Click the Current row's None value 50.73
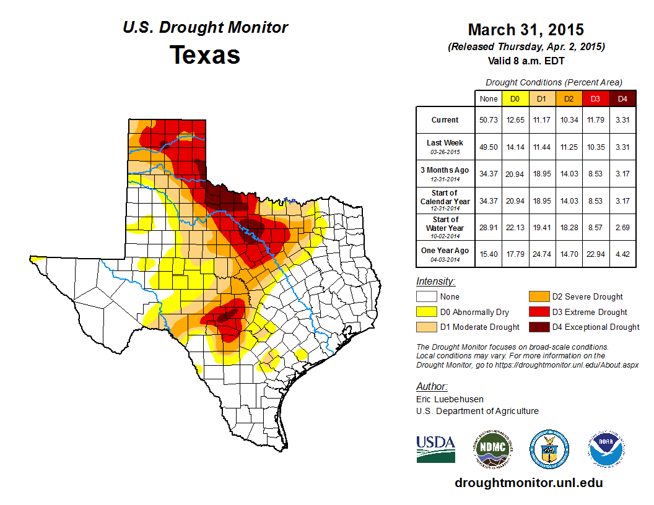[x=489, y=120]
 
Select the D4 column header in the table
[x=622, y=98]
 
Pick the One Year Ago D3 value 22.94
[x=595, y=251]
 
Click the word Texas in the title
[x=205, y=55]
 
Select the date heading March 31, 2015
[x=526, y=30]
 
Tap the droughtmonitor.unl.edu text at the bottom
[x=529, y=483]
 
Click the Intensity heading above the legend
[x=435, y=282]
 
